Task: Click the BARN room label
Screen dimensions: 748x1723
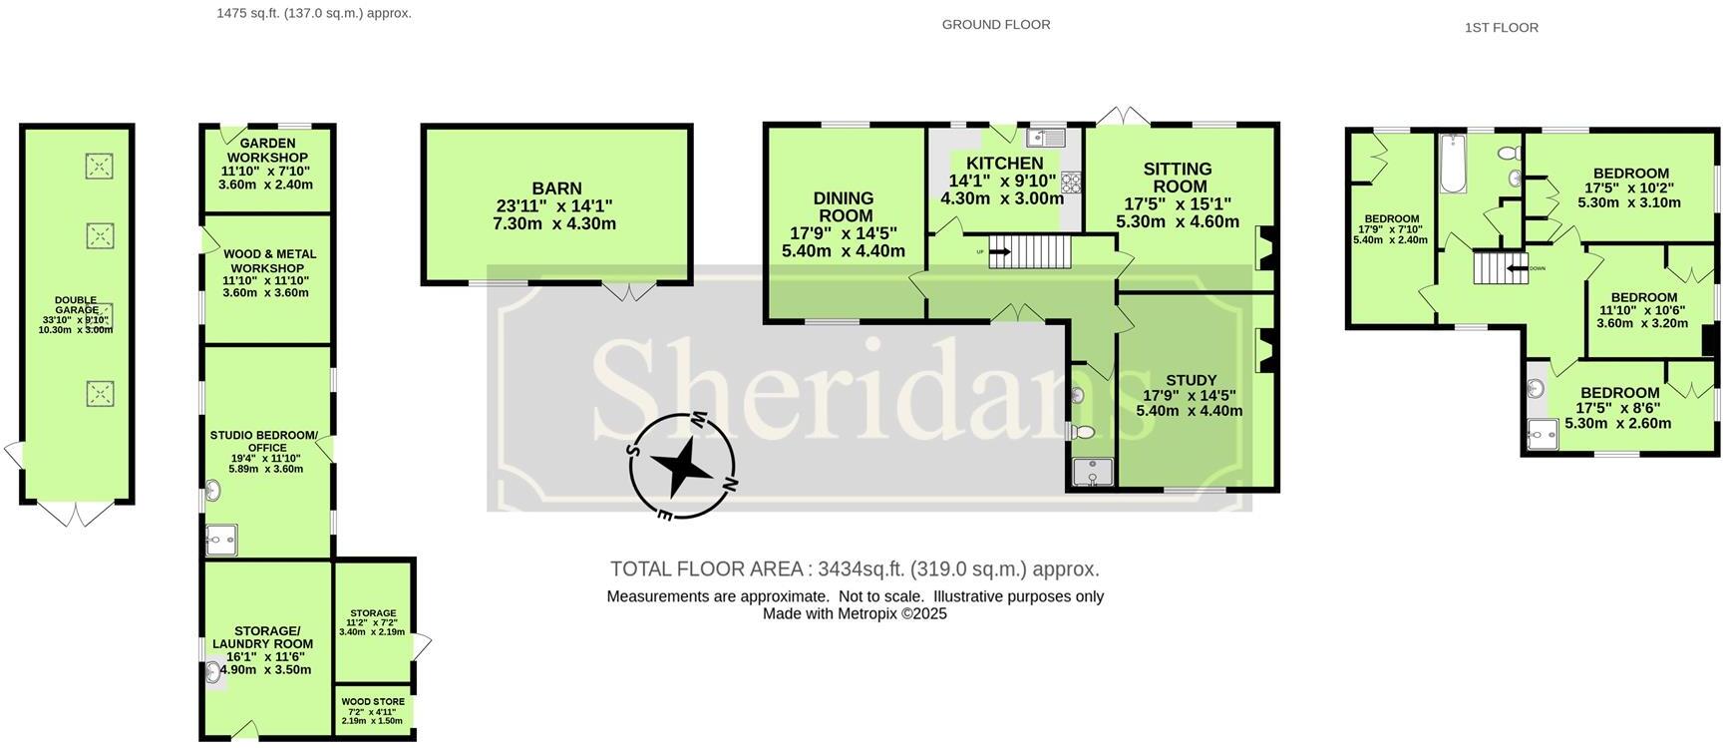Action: (556, 188)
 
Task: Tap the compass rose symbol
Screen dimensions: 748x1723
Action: (683, 466)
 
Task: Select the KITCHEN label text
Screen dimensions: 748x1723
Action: (1004, 164)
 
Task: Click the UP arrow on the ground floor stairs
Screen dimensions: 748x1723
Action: (999, 251)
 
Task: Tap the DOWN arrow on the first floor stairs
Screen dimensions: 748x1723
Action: (1517, 267)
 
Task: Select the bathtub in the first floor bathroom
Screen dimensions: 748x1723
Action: (1451, 165)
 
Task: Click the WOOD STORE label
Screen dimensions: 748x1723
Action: (373, 702)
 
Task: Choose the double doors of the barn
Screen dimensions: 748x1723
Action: (630, 290)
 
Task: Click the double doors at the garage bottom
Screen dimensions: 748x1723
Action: (77, 513)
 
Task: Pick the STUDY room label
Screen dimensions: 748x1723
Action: (1191, 380)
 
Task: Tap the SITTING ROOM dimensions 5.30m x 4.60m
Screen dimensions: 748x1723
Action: (1177, 222)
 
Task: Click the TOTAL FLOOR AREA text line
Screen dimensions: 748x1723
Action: (855, 569)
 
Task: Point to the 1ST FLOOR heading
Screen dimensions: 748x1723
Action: (1501, 28)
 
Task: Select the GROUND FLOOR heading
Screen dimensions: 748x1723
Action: (995, 24)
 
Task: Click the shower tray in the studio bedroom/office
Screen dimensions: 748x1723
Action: (220, 540)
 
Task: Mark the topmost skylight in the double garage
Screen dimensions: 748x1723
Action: (99, 166)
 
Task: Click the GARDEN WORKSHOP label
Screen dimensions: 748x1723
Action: (266, 151)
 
